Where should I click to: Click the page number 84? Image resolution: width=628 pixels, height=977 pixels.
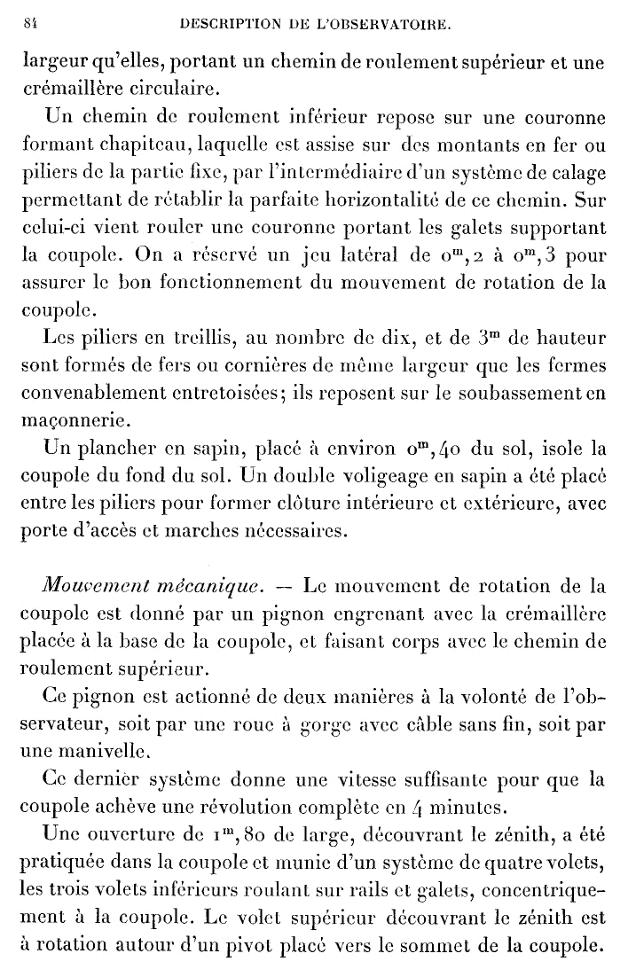(27, 27)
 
